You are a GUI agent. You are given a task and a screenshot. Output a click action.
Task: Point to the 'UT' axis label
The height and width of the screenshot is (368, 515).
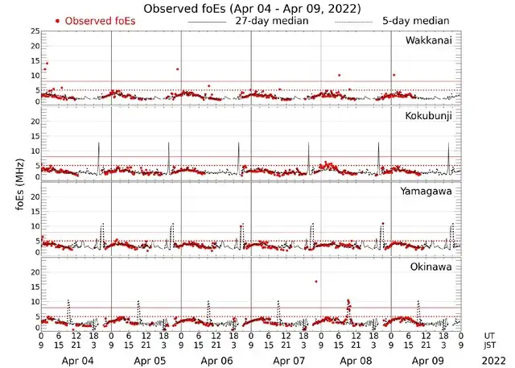[x=490, y=336]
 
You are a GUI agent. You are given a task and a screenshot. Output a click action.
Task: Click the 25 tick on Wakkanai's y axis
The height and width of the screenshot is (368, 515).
[x=34, y=31]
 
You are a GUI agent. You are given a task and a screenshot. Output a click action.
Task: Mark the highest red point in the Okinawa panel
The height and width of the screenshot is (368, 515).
[x=316, y=281]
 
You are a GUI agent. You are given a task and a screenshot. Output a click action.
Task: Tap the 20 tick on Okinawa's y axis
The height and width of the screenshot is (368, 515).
[x=34, y=271]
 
